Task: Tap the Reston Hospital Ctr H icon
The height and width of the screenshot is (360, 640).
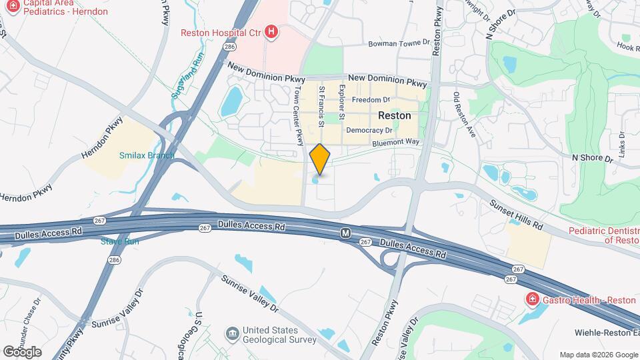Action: (x=271, y=31)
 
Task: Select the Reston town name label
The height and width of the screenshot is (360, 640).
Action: (x=394, y=115)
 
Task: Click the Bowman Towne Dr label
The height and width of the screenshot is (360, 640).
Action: (x=399, y=43)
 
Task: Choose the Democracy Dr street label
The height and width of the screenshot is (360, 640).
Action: (x=369, y=130)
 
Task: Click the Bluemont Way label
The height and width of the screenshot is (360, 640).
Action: (x=395, y=142)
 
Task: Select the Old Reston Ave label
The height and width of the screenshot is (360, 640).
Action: (x=465, y=115)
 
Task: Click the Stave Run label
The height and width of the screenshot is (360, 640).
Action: (x=120, y=241)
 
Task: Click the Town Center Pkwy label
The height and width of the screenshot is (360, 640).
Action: (x=299, y=117)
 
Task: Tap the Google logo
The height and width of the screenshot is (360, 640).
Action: (x=22, y=351)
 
